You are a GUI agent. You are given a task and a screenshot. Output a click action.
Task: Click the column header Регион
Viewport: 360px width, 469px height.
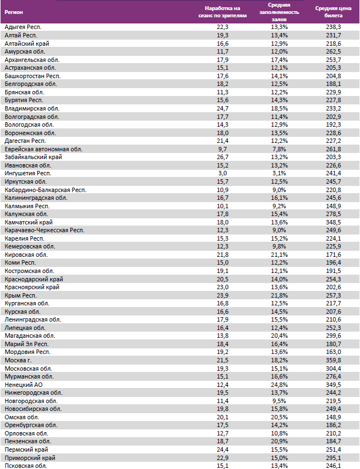(15, 12)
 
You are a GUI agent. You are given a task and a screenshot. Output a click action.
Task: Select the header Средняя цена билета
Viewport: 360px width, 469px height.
(333, 12)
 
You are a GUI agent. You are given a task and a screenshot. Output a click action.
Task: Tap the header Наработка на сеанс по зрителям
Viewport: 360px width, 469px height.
(225, 12)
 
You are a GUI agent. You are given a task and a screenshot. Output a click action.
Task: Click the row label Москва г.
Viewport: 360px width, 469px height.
(18, 360)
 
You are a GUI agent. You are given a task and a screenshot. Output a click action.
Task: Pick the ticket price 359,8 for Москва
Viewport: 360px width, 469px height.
(333, 360)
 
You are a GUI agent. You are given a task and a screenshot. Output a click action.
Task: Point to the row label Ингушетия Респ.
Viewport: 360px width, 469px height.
(28, 174)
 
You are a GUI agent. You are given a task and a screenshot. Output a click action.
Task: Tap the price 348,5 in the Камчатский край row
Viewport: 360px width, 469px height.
(333, 222)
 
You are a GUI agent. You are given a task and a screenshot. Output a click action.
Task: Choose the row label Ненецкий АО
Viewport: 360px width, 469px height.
(23, 385)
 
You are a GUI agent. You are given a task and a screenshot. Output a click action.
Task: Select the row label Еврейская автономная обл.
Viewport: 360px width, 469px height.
(43, 149)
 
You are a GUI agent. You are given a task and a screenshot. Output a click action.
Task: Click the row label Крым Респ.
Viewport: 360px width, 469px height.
(21, 295)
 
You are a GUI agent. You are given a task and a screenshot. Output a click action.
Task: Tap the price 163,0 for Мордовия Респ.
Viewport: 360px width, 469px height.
(333, 352)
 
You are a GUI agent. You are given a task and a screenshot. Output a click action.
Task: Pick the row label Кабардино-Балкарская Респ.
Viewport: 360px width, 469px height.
(45, 190)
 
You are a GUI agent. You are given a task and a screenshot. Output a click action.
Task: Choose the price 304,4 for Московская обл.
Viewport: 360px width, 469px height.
(333, 368)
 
